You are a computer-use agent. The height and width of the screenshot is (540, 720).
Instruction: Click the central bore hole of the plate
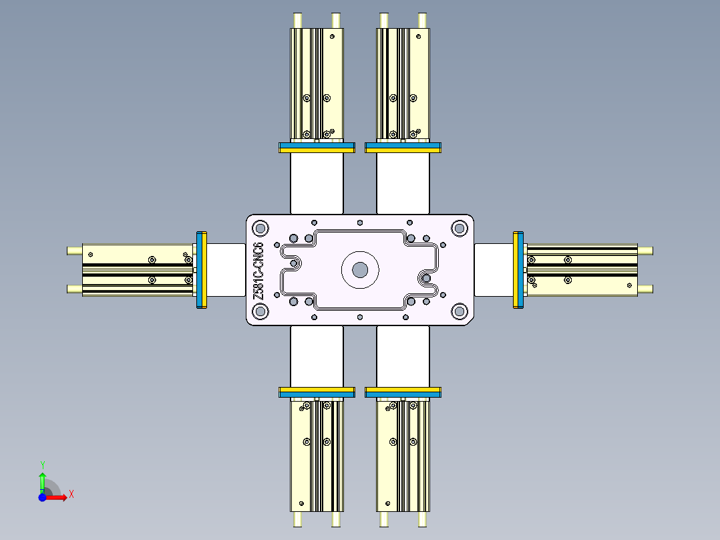(x=360, y=269)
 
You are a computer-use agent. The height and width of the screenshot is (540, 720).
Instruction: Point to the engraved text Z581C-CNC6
(x=258, y=270)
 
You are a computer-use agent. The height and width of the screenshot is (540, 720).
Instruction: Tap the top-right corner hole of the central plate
(x=460, y=228)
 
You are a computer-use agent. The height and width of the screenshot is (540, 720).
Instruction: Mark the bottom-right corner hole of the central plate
(x=460, y=311)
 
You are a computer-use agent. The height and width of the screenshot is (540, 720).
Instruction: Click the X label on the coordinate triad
(x=71, y=495)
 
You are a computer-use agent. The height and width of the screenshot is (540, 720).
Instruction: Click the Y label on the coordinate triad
(x=42, y=464)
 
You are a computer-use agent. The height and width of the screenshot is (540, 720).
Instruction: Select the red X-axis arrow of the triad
(x=57, y=497)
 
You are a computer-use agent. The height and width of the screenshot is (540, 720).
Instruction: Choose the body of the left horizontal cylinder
(x=137, y=270)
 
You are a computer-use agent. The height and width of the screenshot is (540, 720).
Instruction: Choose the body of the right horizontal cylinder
(x=581, y=270)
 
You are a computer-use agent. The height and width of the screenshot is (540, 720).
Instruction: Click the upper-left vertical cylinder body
(x=317, y=84)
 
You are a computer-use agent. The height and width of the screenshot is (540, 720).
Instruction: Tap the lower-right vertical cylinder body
(x=403, y=454)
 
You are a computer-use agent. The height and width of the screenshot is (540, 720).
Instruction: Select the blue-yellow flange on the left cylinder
(x=202, y=270)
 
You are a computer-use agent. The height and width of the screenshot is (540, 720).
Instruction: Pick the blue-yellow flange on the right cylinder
(x=518, y=269)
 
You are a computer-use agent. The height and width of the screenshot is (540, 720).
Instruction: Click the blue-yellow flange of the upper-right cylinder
(x=403, y=148)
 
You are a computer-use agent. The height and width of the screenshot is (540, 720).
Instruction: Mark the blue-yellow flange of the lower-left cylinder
(x=316, y=392)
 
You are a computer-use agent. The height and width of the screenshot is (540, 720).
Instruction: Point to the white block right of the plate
(x=494, y=270)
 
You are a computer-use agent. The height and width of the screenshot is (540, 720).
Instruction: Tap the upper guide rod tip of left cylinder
(x=72, y=251)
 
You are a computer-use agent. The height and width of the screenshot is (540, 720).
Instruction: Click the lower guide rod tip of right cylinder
(x=647, y=289)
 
